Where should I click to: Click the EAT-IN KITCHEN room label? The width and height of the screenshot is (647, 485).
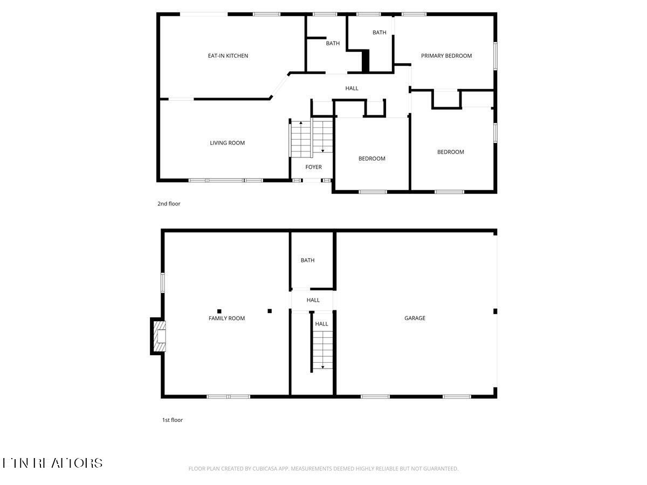click(228, 56)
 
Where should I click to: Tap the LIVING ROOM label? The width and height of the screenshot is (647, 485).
click(227, 143)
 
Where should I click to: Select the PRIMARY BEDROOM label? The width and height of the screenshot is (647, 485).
click(446, 56)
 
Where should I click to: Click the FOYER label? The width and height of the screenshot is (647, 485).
click(313, 167)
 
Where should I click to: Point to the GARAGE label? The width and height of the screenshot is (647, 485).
click(415, 318)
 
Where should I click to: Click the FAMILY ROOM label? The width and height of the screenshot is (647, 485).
click(226, 318)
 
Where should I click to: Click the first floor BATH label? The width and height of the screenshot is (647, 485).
click(307, 260)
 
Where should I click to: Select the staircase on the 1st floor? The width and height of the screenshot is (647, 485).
click(322, 350)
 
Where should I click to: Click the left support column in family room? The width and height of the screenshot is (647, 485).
click(219, 311)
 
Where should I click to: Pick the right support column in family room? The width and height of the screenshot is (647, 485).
click(270, 311)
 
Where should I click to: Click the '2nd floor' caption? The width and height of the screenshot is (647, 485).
click(169, 204)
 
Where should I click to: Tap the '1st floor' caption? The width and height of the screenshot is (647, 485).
click(173, 420)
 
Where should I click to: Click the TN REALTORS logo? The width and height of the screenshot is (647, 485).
click(52, 463)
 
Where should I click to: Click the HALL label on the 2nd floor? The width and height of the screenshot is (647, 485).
click(352, 88)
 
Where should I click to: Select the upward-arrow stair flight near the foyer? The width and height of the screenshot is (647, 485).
click(301, 139)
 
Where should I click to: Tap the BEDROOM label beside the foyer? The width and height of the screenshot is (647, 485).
click(372, 158)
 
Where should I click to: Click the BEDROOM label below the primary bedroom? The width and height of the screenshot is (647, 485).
click(450, 152)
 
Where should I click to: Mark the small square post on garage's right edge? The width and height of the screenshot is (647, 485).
click(495, 311)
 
